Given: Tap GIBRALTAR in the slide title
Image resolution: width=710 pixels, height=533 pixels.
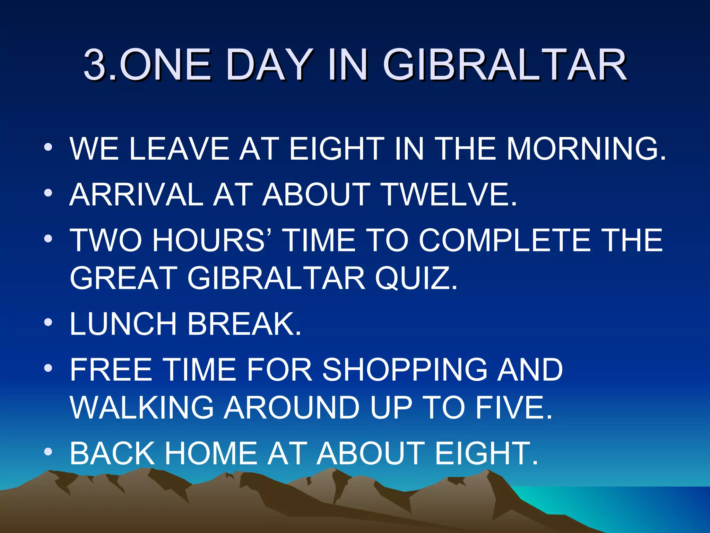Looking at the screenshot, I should coord(505,65).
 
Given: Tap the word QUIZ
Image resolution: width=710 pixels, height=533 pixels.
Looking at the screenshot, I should coord(416,278).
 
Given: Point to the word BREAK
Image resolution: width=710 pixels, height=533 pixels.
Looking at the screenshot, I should coord(244,324).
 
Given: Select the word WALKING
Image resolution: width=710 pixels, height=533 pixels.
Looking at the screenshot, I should coord(142,407).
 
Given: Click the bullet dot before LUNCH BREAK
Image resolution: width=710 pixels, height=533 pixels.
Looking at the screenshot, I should coord(48,322).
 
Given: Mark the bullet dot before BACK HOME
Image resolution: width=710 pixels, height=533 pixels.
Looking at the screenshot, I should coord(48,452).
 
